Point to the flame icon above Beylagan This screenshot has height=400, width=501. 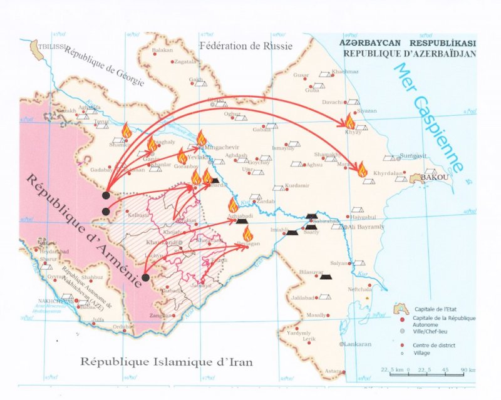click(247, 233)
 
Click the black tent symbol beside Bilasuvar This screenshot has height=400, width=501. click(325, 276)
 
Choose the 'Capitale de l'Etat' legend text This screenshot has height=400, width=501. click(435, 309)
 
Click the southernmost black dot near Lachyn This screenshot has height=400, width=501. click(145, 277)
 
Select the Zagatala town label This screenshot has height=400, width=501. click(185, 62)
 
